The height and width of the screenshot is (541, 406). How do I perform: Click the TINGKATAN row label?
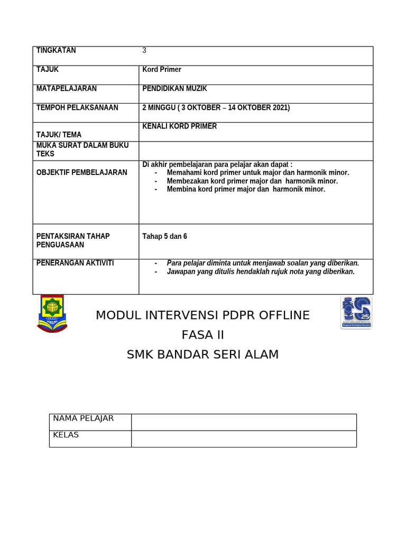pyautogui.click(x=56, y=51)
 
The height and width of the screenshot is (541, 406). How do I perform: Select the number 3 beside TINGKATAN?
pyautogui.click(x=144, y=51)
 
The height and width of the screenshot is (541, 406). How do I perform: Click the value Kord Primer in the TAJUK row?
pyautogui.click(x=162, y=70)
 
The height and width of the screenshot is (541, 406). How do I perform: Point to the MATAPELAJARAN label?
pyautogui.click(x=66, y=89)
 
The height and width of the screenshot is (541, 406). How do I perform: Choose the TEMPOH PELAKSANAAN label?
pyautogui.click(x=77, y=108)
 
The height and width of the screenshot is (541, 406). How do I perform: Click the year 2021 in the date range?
pyautogui.click(x=280, y=108)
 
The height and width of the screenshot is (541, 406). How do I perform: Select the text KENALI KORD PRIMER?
pyautogui.click(x=180, y=126)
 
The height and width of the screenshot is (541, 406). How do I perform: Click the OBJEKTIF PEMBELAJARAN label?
pyautogui.click(x=81, y=172)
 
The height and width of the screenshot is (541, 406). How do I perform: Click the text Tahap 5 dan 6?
pyautogui.click(x=164, y=236)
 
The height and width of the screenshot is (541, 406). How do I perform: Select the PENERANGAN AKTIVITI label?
pyautogui.click(x=75, y=263)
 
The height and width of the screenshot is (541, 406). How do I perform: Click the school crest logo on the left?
pyautogui.click(x=52, y=314)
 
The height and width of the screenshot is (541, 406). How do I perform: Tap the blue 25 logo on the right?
pyautogui.click(x=356, y=312)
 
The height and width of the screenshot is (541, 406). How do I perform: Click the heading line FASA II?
pyautogui.click(x=203, y=335)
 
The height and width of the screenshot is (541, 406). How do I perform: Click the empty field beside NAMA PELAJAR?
pyautogui.click(x=244, y=422)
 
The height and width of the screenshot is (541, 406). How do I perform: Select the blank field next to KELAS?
pyautogui.click(x=244, y=439)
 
